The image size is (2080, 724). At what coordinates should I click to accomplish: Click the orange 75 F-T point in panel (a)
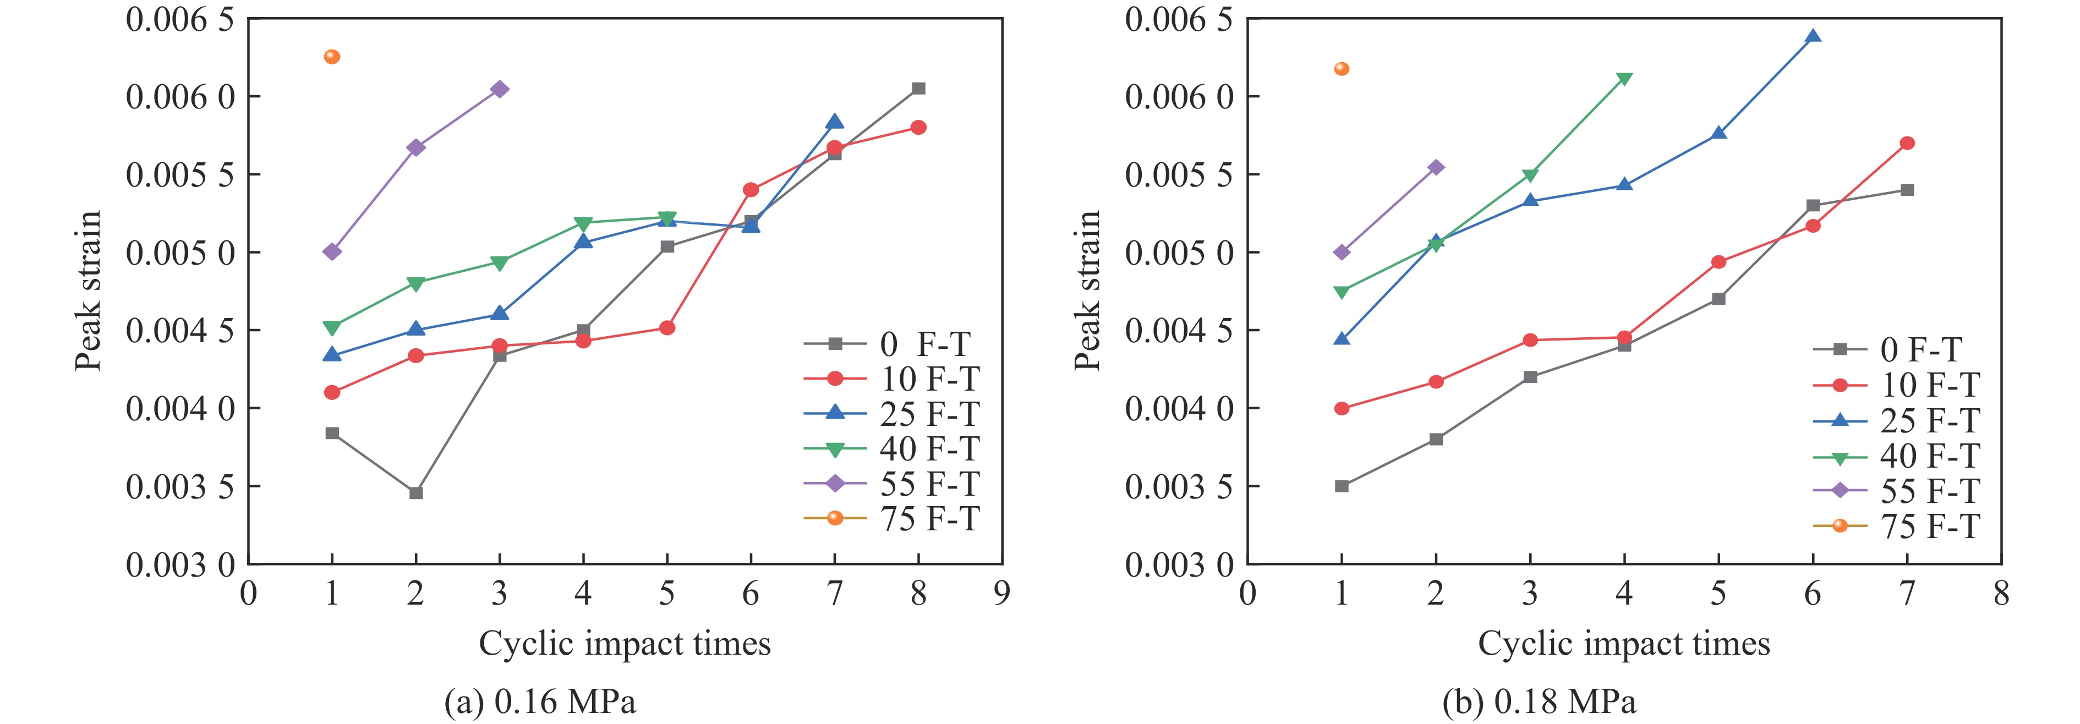click(332, 57)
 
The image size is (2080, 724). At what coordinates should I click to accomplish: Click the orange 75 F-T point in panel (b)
click(1341, 69)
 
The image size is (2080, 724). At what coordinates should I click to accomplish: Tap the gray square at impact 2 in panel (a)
click(416, 492)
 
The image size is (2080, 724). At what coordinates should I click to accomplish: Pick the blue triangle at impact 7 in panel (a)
click(835, 122)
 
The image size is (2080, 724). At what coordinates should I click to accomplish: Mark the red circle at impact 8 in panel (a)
click(918, 128)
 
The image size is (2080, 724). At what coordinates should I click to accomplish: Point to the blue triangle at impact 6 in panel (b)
click(1813, 36)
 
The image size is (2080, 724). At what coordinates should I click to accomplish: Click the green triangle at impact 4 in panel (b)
click(1624, 79)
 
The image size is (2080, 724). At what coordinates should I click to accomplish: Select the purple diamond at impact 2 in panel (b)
click(1436, 167)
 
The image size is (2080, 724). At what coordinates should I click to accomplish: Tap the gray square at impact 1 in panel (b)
click(1341, 486)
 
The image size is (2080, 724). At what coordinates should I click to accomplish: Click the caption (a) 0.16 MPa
click(540, 701)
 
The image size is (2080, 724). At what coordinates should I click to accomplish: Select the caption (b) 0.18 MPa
click(1539, 701)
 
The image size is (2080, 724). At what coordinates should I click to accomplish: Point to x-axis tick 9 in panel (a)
click(1002, 594)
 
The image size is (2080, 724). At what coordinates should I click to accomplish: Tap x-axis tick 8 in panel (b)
click(2001, 594)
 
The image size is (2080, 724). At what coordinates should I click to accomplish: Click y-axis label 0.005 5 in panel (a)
click(180, 175)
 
